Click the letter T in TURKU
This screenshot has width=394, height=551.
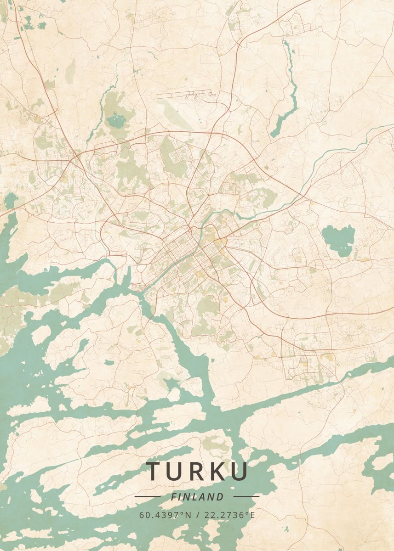click(155, 471)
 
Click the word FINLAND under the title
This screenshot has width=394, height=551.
click(197, 497)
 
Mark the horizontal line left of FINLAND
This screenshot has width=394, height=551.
click(147, 496)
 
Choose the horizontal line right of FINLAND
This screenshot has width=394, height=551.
click(246, 496)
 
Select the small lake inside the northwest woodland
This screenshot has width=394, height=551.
click(115, 121)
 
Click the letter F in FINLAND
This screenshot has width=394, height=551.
click(173, 497)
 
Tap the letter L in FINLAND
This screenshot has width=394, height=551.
click(195, 497)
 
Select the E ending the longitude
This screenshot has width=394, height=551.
click(252, 515)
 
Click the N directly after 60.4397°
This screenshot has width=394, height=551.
click(188, 515)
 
